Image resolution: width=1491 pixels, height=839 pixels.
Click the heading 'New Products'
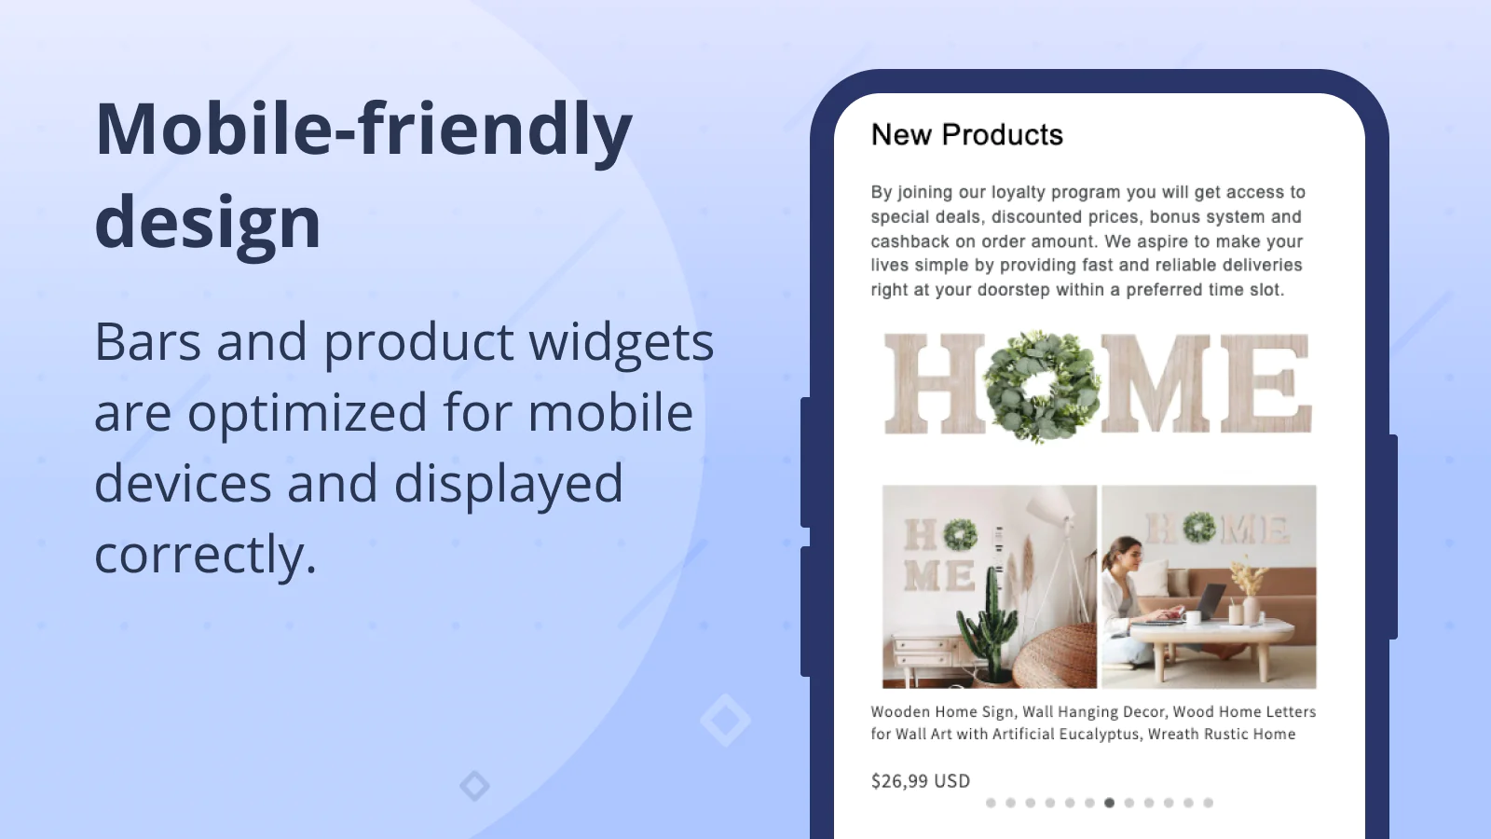[x=966, y=134]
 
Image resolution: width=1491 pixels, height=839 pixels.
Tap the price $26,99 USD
[x=921, y=781]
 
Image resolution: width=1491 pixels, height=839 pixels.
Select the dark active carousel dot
[x=1109, y=803]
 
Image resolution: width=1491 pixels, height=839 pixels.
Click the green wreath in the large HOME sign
[x=1041, y=386]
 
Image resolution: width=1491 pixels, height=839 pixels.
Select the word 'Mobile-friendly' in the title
[x=363, y=130]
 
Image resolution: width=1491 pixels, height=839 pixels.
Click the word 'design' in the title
[x=208, y=221]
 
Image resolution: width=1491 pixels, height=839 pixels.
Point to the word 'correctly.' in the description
[x=205, y=554]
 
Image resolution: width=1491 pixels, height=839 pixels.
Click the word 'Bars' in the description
[x=148, y=341]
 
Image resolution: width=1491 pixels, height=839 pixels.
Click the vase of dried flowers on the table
[x=1248, y=593]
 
